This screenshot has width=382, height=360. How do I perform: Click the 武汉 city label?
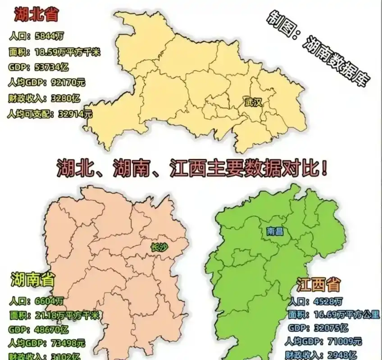point(253,102)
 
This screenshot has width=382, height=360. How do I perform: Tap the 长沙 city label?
point(159,247)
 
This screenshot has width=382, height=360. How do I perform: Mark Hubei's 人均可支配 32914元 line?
point(50,114)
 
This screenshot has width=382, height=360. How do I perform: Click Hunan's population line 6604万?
point(36,301)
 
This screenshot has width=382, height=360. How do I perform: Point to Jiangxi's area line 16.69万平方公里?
point(333,315)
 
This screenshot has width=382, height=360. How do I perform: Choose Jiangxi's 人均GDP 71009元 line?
point(323,341)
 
